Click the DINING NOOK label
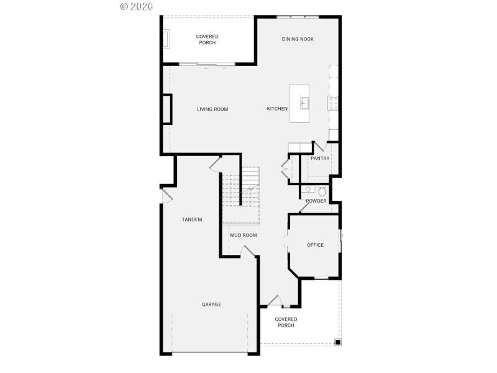click(298, 39)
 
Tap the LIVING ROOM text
click(212, 109)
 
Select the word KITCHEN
click(277, 109)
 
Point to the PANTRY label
click(320, 159)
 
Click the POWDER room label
click(316, 201)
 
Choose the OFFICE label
click(315, 245)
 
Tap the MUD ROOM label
click(244, 235)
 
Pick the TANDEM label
click(192, 219)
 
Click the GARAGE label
click(211, 305)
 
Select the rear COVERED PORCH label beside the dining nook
click(207, 40)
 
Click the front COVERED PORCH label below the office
click(286, 322)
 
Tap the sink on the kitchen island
click(304, 103)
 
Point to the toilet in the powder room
click(322, 191)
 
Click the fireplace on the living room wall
click(166, 109)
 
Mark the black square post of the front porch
click(337, 341)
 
